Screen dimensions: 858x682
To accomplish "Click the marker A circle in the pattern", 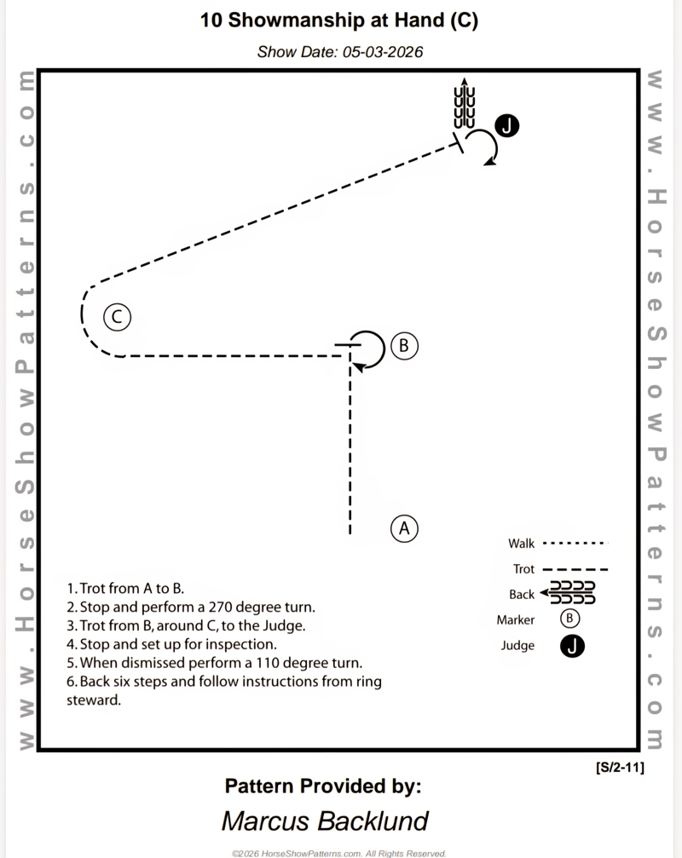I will pyautogui.click(x=405, y=528).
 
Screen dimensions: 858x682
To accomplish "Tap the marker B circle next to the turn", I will pyautogui.click(x=405, y=346).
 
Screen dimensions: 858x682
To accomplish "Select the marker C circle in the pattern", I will pyautogui.click(x=117, y=317).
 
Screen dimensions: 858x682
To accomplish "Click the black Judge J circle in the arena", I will pyautogui.click(x=507, y=126).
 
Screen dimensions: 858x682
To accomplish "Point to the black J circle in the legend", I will pyautogui.click(x=573, y=646).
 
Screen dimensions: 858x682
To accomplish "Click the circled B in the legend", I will pyautogui.click(x=572, y=619).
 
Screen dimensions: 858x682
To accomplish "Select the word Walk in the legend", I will pyautogui.click(x=521, y=544).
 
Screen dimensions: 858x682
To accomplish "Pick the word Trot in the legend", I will pyautogui.click(x=523, y=569).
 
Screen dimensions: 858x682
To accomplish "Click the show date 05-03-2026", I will pyautogui.click(x=383, y=52).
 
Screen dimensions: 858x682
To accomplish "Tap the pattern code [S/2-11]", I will pyautogui.click(x=620, y=768).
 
